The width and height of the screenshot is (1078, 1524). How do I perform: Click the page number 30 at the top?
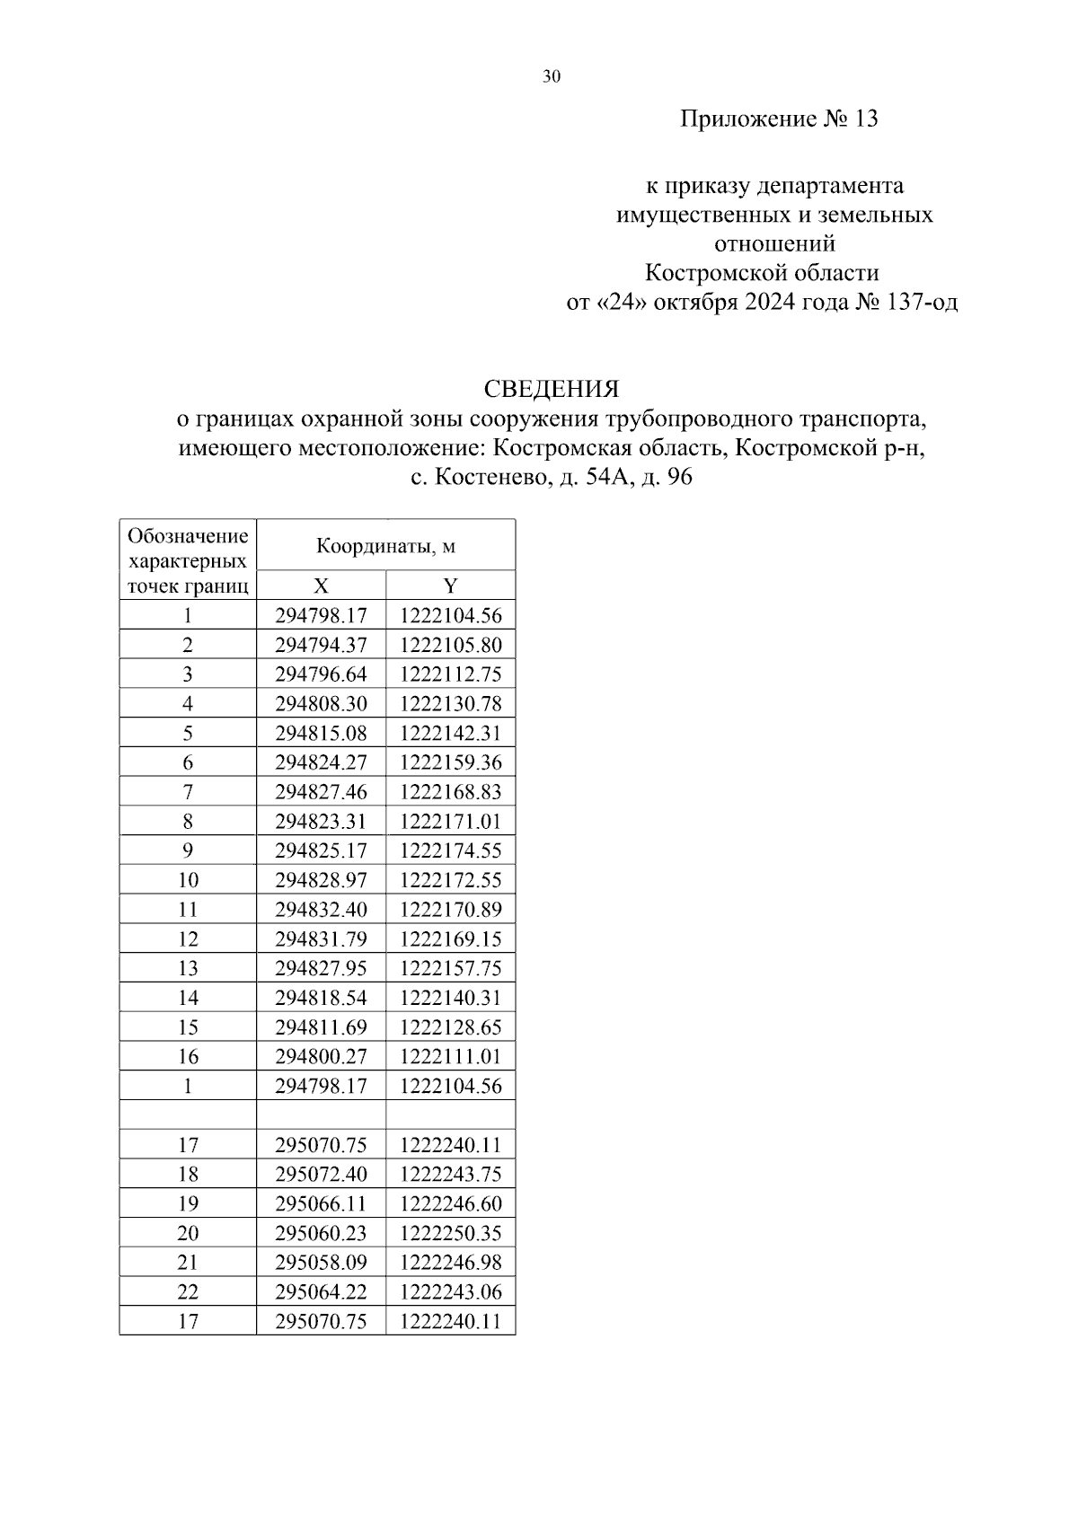(551, 77)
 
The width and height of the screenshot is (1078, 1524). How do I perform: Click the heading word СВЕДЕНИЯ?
(551, 389)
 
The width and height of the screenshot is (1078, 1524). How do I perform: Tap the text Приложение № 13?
(778, 119)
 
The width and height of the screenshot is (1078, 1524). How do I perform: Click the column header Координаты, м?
(385, 546)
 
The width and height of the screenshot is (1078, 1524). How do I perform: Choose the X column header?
(321, 586)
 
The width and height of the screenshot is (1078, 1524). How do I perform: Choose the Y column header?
(450, 586)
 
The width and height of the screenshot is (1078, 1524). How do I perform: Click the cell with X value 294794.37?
(321, 645)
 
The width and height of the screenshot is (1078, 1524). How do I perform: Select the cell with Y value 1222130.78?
(450, 703)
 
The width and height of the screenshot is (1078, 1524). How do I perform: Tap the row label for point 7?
(187, 792)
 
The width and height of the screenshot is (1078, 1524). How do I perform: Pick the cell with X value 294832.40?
(321, 910)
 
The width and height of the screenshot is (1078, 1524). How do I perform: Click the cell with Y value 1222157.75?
(450, 968)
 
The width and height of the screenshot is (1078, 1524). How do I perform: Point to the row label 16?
(187, 1056)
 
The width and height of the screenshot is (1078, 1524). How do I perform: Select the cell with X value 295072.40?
(321, 1174)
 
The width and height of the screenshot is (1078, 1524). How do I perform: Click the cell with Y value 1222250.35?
(450, 1233)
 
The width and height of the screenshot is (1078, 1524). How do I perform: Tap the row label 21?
(187, 1263)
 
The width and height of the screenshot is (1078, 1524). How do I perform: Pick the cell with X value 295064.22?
(321, 1291)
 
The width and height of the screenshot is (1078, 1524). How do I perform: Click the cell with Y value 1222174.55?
(450, 850)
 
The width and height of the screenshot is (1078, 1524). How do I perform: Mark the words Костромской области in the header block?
(762, 272)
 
